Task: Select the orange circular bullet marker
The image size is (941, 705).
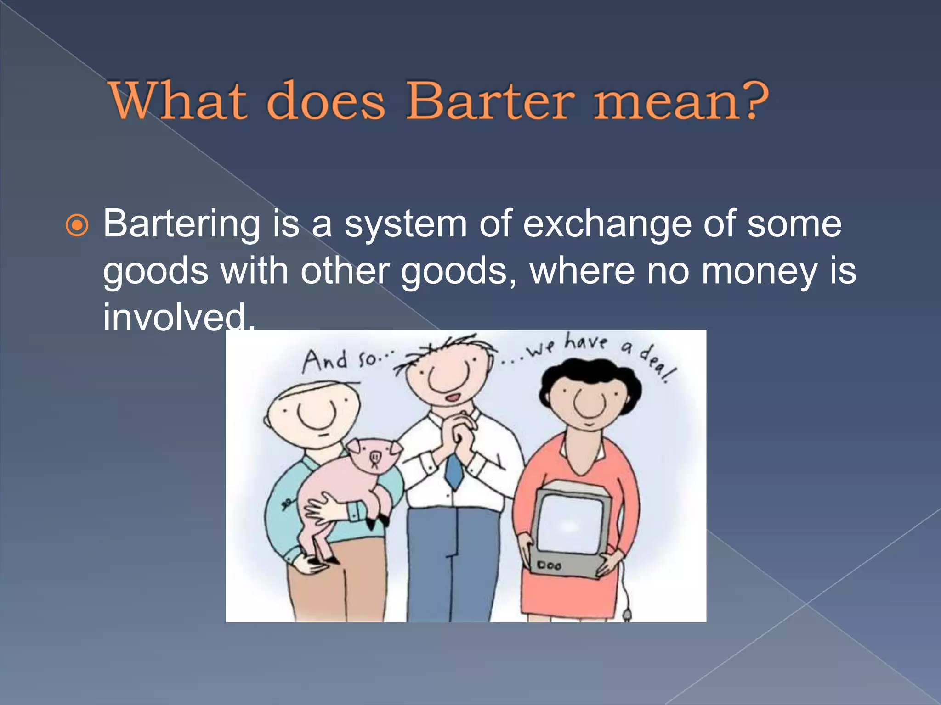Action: click(x=77, y=225)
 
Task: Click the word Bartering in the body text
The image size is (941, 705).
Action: click(x=182, y=225)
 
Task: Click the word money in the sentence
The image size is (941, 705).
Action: click(x=759, y=271)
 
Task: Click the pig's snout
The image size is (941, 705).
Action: click(x=375, y=457)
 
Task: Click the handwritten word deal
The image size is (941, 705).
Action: click(x=658, y=365)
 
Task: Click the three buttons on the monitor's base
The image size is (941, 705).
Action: click(x=550, y=566)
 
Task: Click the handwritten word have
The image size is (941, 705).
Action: click(x=585, y=342)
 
